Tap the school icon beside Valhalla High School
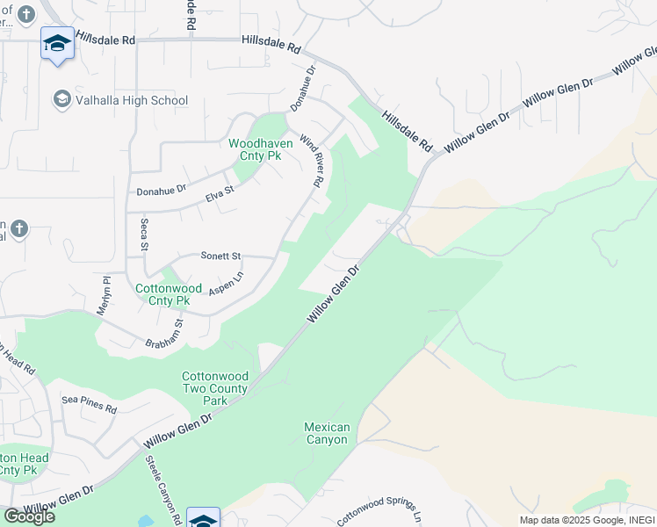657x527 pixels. pos(62,99)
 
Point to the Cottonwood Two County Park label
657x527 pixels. pos(215,388)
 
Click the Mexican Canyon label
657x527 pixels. pos(327,433)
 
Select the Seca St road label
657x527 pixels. pos(145,234)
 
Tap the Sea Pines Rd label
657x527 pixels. pos(89,404)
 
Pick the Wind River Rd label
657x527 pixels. pos(312,161)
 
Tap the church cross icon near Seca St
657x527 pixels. pos(19,230)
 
